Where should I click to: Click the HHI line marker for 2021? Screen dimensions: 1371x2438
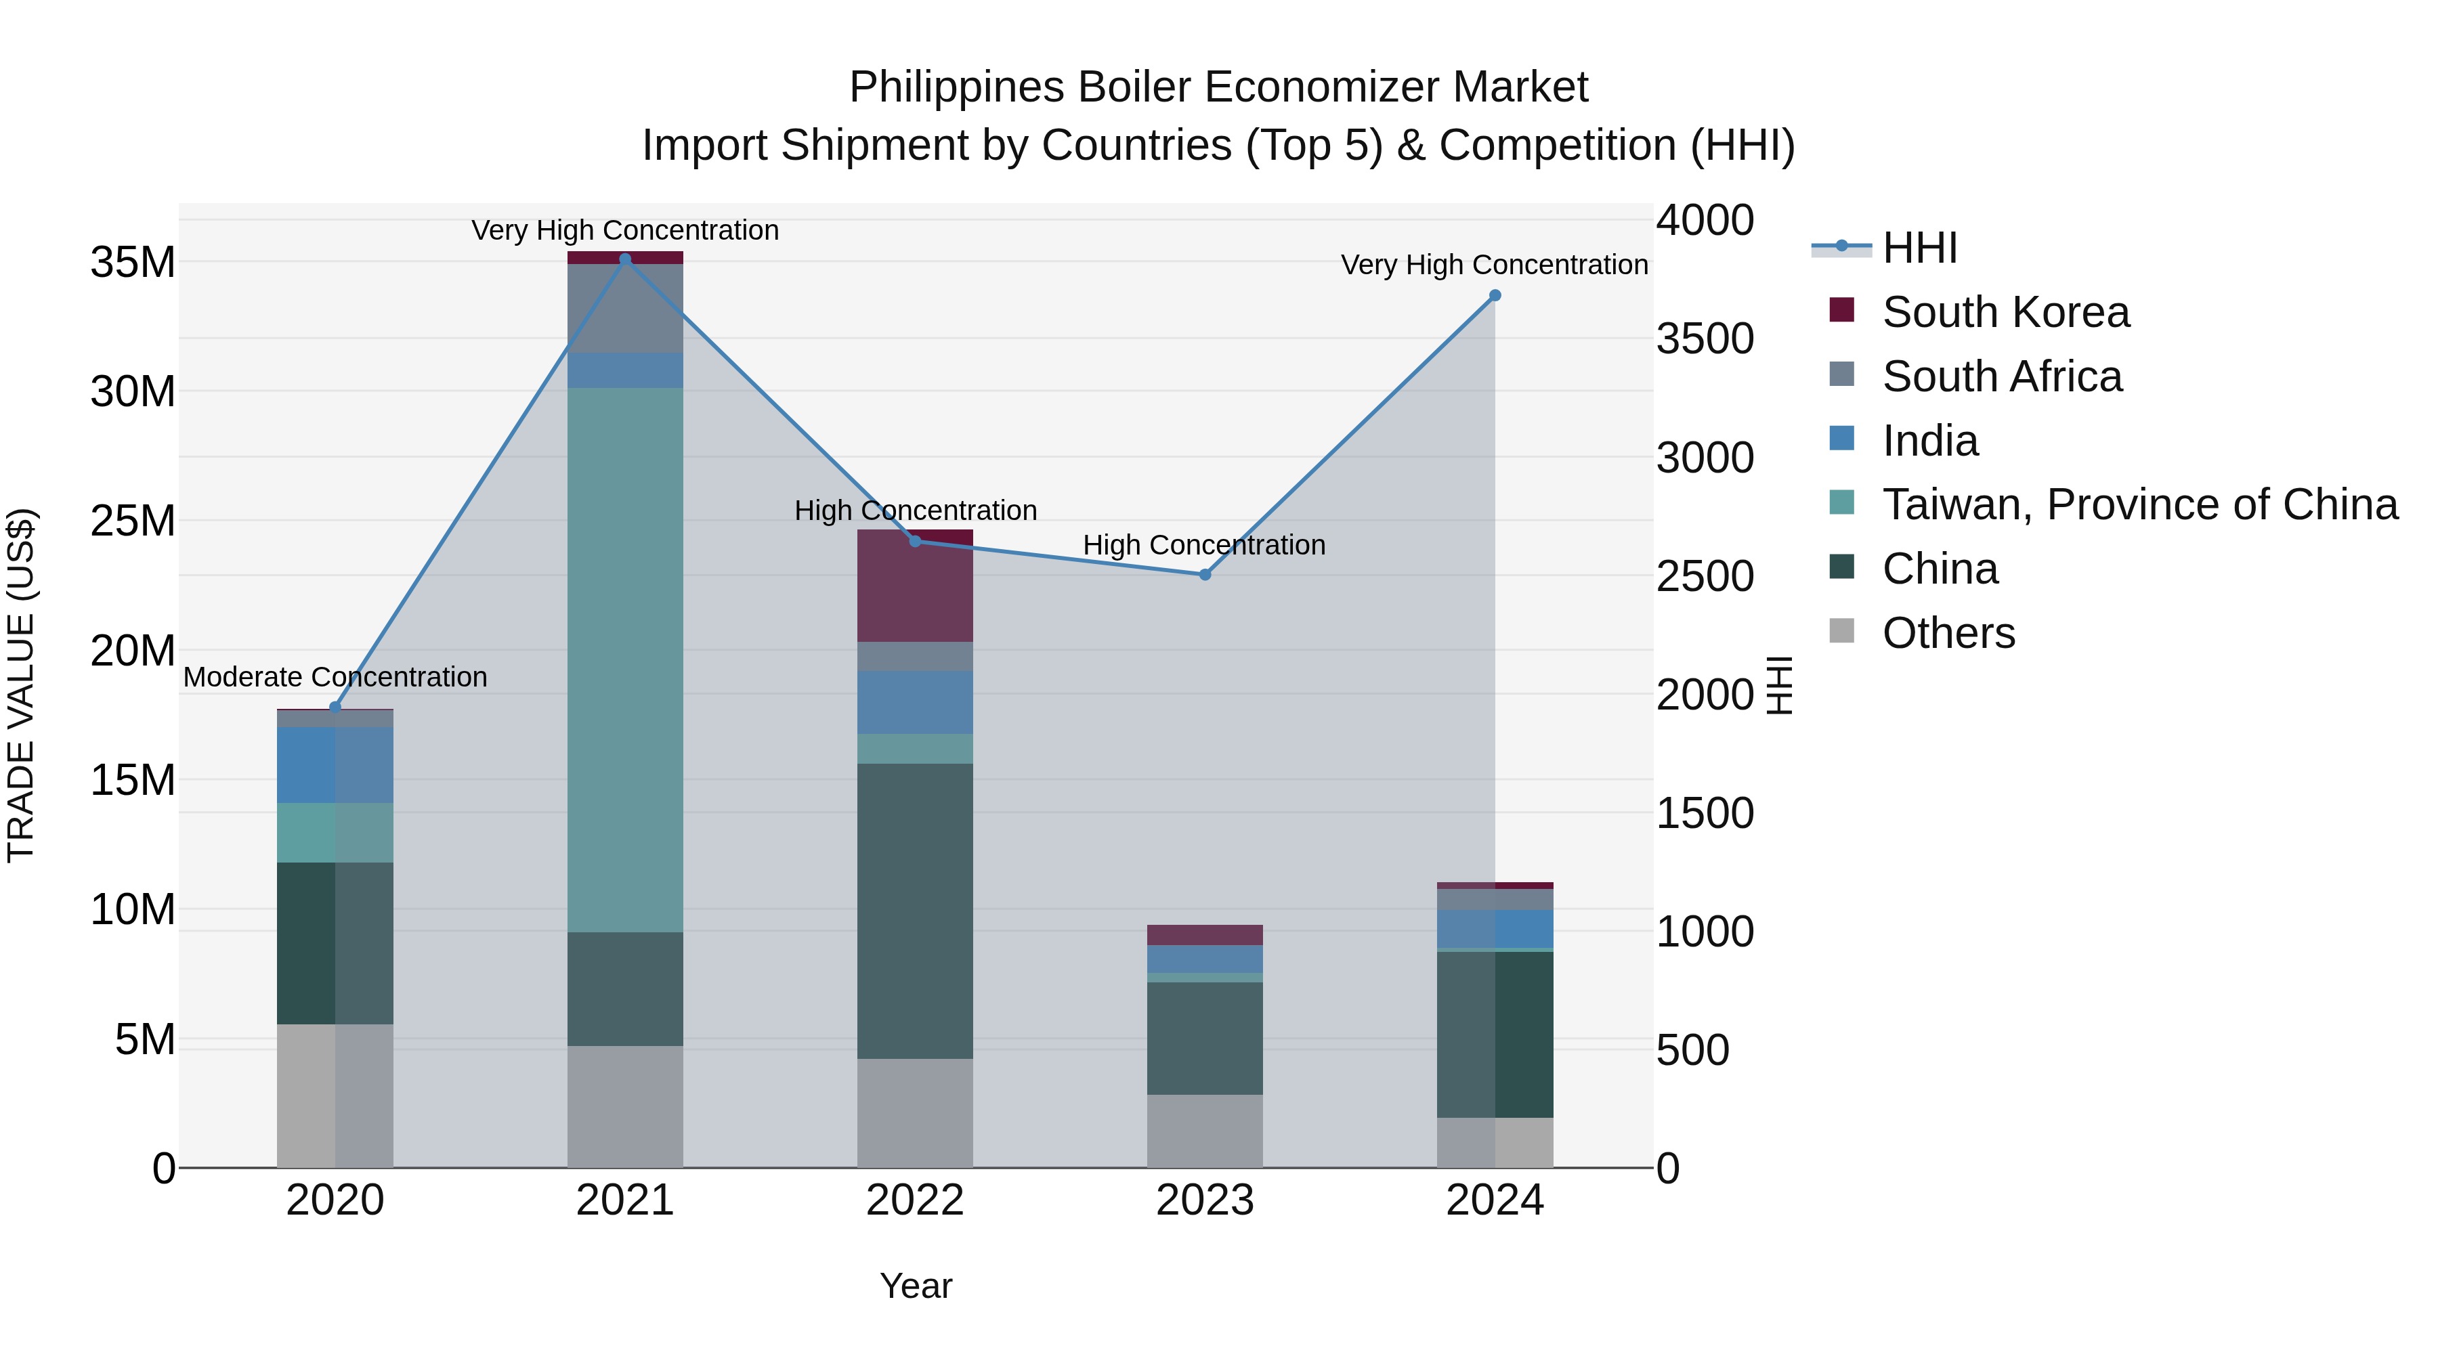(624, 259)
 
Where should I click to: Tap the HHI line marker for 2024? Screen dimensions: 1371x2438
(1495, 295)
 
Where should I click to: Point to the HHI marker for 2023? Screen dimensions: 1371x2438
(1205, 574)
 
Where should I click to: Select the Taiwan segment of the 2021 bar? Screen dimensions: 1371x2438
(624, 659)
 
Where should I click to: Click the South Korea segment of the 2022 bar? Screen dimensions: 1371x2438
(915, 586)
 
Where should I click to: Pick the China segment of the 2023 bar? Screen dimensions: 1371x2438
(1205, 1038)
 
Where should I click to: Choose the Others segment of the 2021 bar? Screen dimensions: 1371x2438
(624, 1106)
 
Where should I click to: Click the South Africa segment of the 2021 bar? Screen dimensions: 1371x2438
(624, 309)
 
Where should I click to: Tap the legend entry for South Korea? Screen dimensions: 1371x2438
(2005, 312)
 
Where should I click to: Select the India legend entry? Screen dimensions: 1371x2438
(1930, 441)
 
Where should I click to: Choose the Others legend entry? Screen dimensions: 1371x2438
(1948, 633)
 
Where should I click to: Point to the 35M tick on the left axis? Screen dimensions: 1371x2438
(133, 262)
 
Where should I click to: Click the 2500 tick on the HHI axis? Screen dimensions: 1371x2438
(1705, 576)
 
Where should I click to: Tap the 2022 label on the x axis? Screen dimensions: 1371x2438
(915, 1200)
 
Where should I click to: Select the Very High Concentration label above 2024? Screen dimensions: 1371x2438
(1495, 265)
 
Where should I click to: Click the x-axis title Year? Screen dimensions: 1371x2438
(915, 1286)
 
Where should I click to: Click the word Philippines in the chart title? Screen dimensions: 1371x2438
(956, 87)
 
